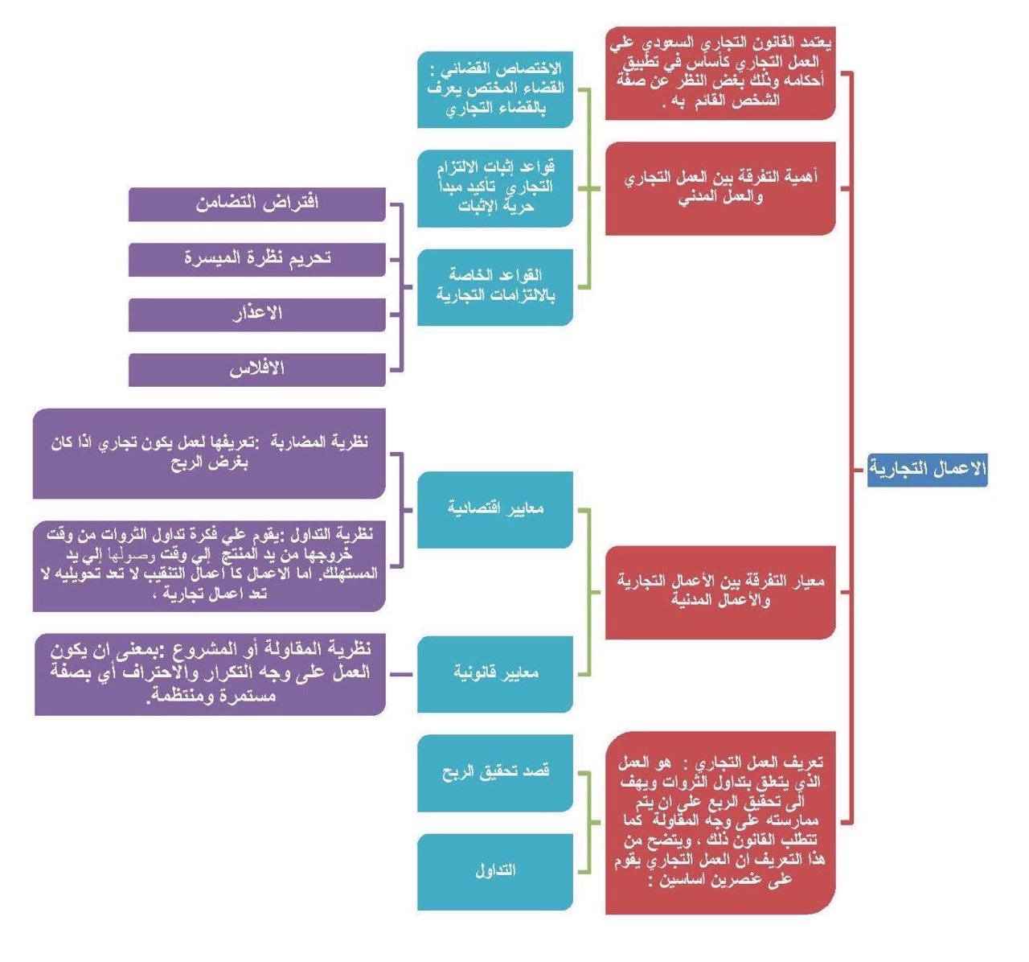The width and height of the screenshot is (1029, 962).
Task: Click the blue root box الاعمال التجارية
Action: pos(928,469)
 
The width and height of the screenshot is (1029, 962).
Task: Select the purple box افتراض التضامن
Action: pos(256,203)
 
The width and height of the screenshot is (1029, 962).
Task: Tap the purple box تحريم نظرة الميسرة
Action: pos(256,258)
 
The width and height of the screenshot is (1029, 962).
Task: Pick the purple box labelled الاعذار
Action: pos(256,313)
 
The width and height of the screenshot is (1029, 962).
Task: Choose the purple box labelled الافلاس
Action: pos(256,368)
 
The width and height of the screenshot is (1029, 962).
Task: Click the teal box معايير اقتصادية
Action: pos(494,508)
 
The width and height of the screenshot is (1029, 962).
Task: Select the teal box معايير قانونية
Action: pos(494,673)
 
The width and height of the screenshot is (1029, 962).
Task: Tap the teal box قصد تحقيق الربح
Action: pos(494,771)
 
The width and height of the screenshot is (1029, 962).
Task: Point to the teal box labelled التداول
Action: pos(494,870)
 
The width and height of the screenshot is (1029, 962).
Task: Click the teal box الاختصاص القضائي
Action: pos(494,88)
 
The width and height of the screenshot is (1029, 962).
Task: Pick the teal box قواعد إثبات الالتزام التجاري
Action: pos(494,187)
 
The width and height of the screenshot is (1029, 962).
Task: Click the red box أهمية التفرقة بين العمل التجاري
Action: pos(719,187)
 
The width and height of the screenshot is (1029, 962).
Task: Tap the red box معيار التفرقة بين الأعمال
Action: pos(719,591)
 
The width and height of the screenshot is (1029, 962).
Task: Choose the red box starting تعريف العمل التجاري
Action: pos(719,821)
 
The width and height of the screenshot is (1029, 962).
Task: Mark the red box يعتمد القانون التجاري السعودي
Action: pos(719,72)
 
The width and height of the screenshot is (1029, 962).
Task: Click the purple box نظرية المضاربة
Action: pos(209,452)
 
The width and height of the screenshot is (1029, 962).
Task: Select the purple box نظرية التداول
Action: pos(209,565)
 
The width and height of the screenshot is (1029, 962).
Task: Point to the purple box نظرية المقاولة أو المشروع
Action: pos(209,673)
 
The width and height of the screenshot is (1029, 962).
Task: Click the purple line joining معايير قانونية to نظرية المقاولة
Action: pos(401,674)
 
